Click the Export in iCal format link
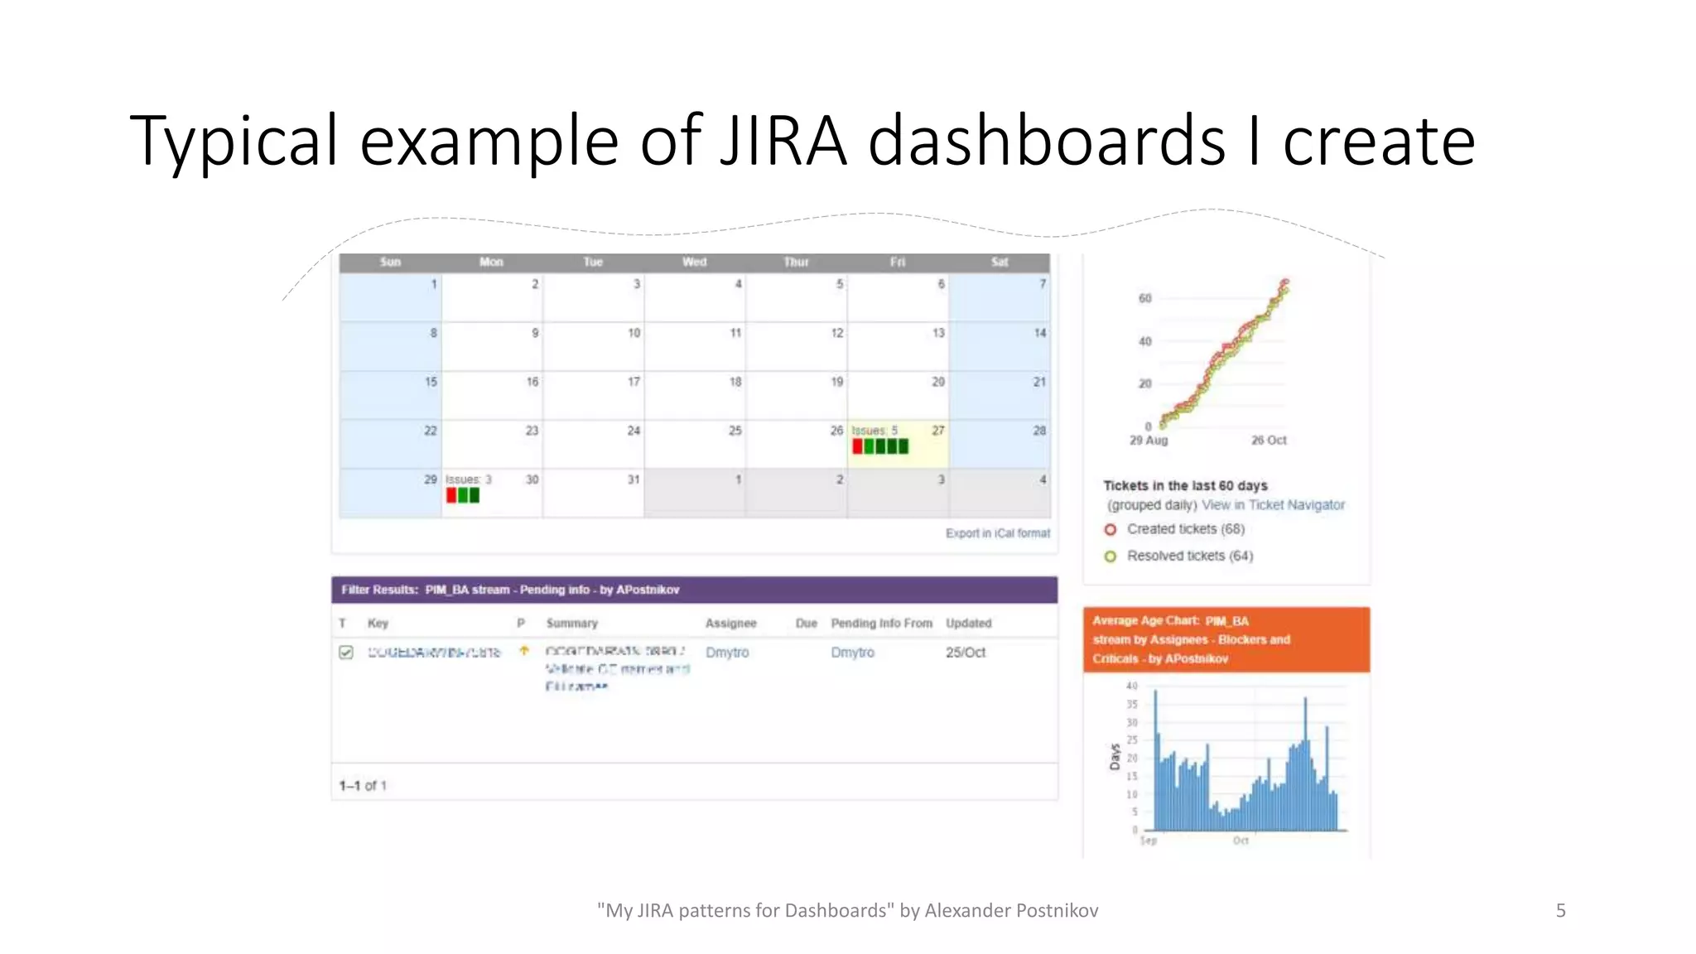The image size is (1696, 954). [x=997, y=533]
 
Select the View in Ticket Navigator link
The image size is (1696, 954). [x=1273, y=505]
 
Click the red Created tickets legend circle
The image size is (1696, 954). [x=1110, y=529]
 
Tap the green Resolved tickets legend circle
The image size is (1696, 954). [x=1110, y=556]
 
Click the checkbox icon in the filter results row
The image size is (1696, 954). [x=346, y=653]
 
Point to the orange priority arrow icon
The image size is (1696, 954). [x=523, y=651]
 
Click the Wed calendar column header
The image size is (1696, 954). [x=694, y=263]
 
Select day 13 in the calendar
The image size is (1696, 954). [x=937, y=333]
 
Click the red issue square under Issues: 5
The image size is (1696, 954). [x=858, y=446]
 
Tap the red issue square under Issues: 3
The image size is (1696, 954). [x=451, y=495]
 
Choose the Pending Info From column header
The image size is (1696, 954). [x=881, y=624]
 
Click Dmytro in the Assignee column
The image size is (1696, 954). [x=726, y=653]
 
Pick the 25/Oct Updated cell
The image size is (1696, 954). [x=965, y=653]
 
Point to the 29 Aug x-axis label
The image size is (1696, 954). [x=1148, y=441]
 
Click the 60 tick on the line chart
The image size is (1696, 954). [x=1144, y=298]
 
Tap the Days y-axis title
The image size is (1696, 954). [x=1115, y=756]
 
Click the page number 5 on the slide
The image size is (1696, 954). [x=1560, y=911]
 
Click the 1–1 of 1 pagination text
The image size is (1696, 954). [x=363, y=786]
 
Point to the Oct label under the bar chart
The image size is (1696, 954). [x=1240, y=841]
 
